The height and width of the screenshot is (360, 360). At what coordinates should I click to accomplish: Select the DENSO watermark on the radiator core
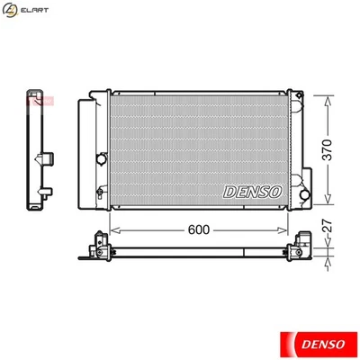[252, 190]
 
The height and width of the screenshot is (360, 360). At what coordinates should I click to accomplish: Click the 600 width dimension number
[199, 229]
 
